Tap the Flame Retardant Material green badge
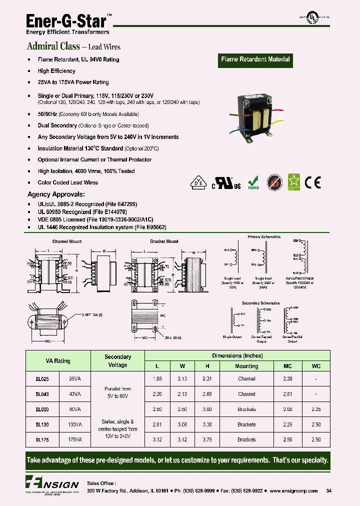(255, 59)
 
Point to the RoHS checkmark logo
(254, 182)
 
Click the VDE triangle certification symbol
(198, 183)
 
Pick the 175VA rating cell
(75, 440)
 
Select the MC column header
(287, 366)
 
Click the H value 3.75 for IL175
(207, 440)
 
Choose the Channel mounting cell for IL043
(246, 394)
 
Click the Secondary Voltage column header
(117, 361)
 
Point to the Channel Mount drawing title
(67, 241)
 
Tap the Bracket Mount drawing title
(165, 241)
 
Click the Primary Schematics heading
(264, 237)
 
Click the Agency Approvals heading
(55, 194)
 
